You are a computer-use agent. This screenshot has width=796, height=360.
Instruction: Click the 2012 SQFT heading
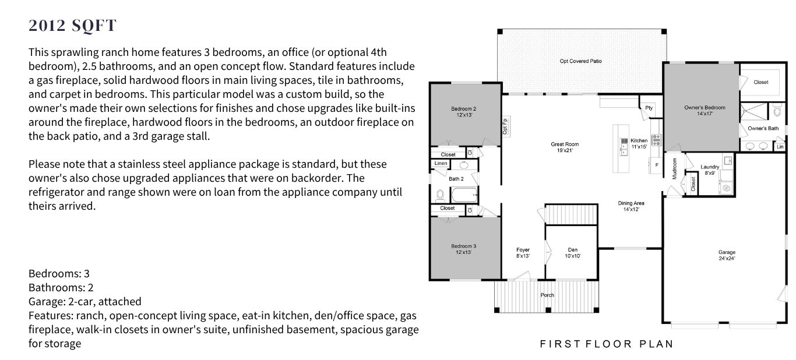click(72, 26)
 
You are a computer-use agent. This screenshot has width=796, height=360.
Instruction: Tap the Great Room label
click(565, 147)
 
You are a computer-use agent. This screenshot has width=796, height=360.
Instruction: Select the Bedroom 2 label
click(464, 112)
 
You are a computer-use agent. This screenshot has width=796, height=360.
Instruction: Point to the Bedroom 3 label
click(464, 249)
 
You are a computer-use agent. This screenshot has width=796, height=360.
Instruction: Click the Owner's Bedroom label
click(705, 111)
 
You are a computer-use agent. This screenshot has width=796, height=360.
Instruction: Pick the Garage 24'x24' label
click(727, 255)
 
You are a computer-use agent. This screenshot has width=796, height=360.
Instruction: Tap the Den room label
click(573, 253)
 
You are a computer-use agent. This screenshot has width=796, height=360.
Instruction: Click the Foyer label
click(523, 253)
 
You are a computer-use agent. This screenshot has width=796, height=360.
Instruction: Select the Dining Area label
click(631, 206)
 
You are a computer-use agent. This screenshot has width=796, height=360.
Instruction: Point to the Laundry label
click(710, 170)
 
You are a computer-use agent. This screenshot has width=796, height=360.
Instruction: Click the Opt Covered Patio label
click(580, 61)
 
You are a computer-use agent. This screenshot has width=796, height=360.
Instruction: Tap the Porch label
click(547, 295)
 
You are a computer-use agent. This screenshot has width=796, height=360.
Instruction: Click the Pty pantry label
click(649, 108)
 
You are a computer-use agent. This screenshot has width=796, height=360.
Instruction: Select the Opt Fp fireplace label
click(505, 126)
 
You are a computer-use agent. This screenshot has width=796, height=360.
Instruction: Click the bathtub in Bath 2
click(464, 195)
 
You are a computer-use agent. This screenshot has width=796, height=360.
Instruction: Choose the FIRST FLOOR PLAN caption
click(607, 344)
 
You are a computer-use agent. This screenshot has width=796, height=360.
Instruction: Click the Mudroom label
click(674, 168)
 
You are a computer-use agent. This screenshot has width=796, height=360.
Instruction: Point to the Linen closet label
click(441, 163)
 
